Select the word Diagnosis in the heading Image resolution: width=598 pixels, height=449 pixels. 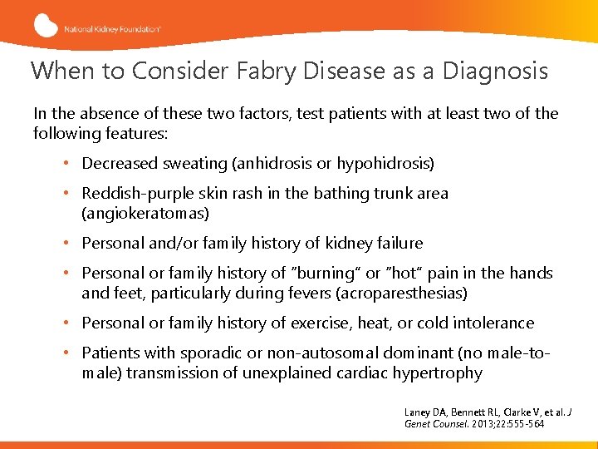tap(495, 71)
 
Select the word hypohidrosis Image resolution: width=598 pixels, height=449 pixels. tap(385, 164)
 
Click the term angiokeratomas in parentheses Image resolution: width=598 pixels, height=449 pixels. tap(145, 214)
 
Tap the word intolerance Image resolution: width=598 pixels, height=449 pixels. tap(492, 323)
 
